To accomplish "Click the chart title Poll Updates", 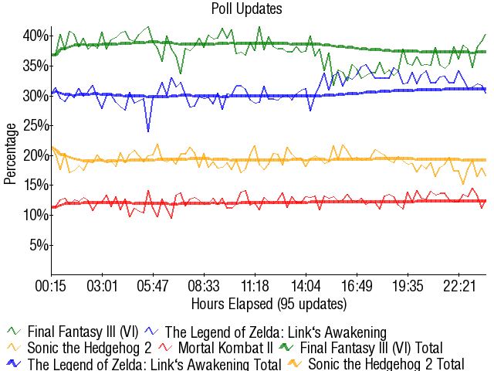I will tap(246, 9).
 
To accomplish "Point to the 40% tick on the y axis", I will tap(36, 36).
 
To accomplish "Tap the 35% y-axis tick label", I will tap(36, 66).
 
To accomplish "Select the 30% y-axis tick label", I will tap(36, 96).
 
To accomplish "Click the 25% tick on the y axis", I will tap(36, 125).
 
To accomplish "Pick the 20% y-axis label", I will tap(36, 155).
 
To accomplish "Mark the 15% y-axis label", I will tap(36, 185).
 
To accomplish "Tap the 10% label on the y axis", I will tap(36, 215).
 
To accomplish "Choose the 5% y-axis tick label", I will tap(39, 245).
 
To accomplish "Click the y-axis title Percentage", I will tap(10, 155).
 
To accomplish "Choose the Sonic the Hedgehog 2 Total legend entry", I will tap(386, 363).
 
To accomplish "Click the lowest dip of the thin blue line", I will tap(147, 131).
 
